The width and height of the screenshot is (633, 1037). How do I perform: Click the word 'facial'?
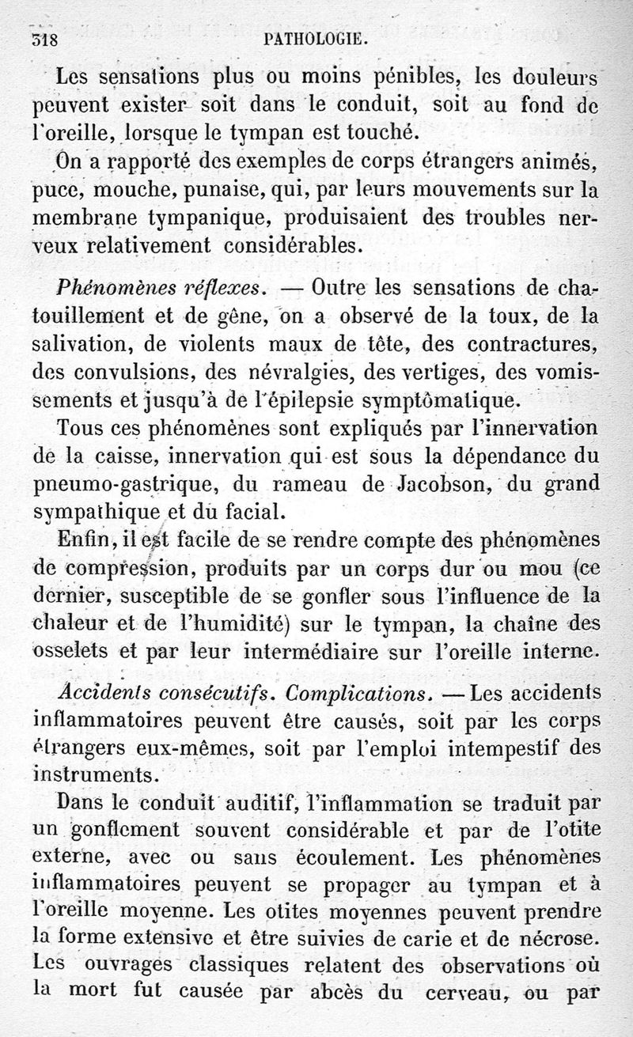pyautogui.click(x=254, y=510)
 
